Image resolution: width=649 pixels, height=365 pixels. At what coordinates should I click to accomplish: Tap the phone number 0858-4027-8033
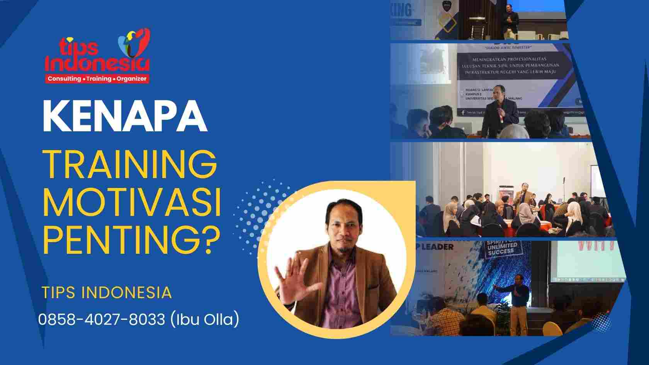pyautogui.click(x=102, y=320)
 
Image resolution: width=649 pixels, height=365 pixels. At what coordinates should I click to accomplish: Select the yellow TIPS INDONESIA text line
pyautogui.click(x=107, y=292)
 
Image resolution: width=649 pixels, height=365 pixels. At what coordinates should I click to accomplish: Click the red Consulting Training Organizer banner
pyautogui.click(x=97, y=79)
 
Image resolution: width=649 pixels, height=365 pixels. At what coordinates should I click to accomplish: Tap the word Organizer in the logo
pyautogui.click(x=132, y=79)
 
